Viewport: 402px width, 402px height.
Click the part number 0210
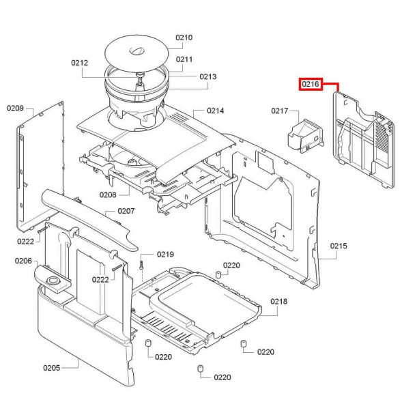point(184,38)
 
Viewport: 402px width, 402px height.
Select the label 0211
point(184,59)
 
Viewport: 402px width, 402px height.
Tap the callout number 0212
point(80,63)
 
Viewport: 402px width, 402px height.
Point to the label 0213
point(208,76)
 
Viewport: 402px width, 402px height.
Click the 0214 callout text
point(216,111)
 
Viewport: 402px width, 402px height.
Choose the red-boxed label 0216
point(311,85)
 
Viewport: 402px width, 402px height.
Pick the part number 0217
point(280,111)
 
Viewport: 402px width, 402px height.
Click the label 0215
point(339,246)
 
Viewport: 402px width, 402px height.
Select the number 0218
point(278,301)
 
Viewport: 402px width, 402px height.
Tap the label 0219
point(165,254)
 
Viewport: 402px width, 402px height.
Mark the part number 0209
point(16,108)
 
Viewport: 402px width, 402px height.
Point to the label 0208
point(108,195)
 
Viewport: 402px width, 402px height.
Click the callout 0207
point(126,211)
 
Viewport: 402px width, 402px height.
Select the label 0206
point(24,261)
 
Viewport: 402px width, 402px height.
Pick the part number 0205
point(52,368)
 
